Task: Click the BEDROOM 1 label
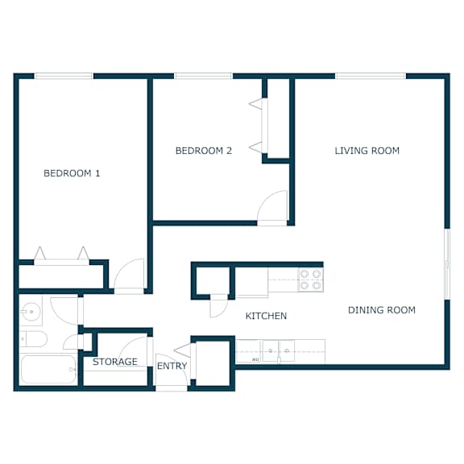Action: pyautogui.click(x=72, y=173)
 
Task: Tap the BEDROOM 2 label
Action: pyautogui.click(x=204, y=151)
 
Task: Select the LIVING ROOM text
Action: pyautogui.click(x=367, y=151)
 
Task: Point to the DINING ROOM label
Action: pyautogui.click(x=382, y=310)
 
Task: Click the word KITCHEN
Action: pyautogui.click(x=266, y=316)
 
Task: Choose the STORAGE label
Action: pyautogui.click(x=115, y=362)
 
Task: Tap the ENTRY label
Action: pyautogui.click(x=172, y=366)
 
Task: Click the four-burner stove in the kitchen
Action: pyautogui.click(x=310, y=280)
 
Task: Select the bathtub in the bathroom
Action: pyautogui.click(x=48, y=369)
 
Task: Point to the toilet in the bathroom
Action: pyautogui.click(x=33, y=339)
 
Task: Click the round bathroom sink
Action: pyautogui.click(x=31, y=311)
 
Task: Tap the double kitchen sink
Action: pyautogui.click(x=279, y=350)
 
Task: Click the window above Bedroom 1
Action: pyautogui.click(x=64, y=76)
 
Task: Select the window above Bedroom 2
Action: pyautogui.click(x=204, y=76)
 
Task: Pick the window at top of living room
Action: pyautogui.click(x=371, y=76)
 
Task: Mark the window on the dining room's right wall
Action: pyautogui.click(x=447, y=264)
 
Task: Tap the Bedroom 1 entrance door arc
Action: pyautogui.click(x=121, y=267)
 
